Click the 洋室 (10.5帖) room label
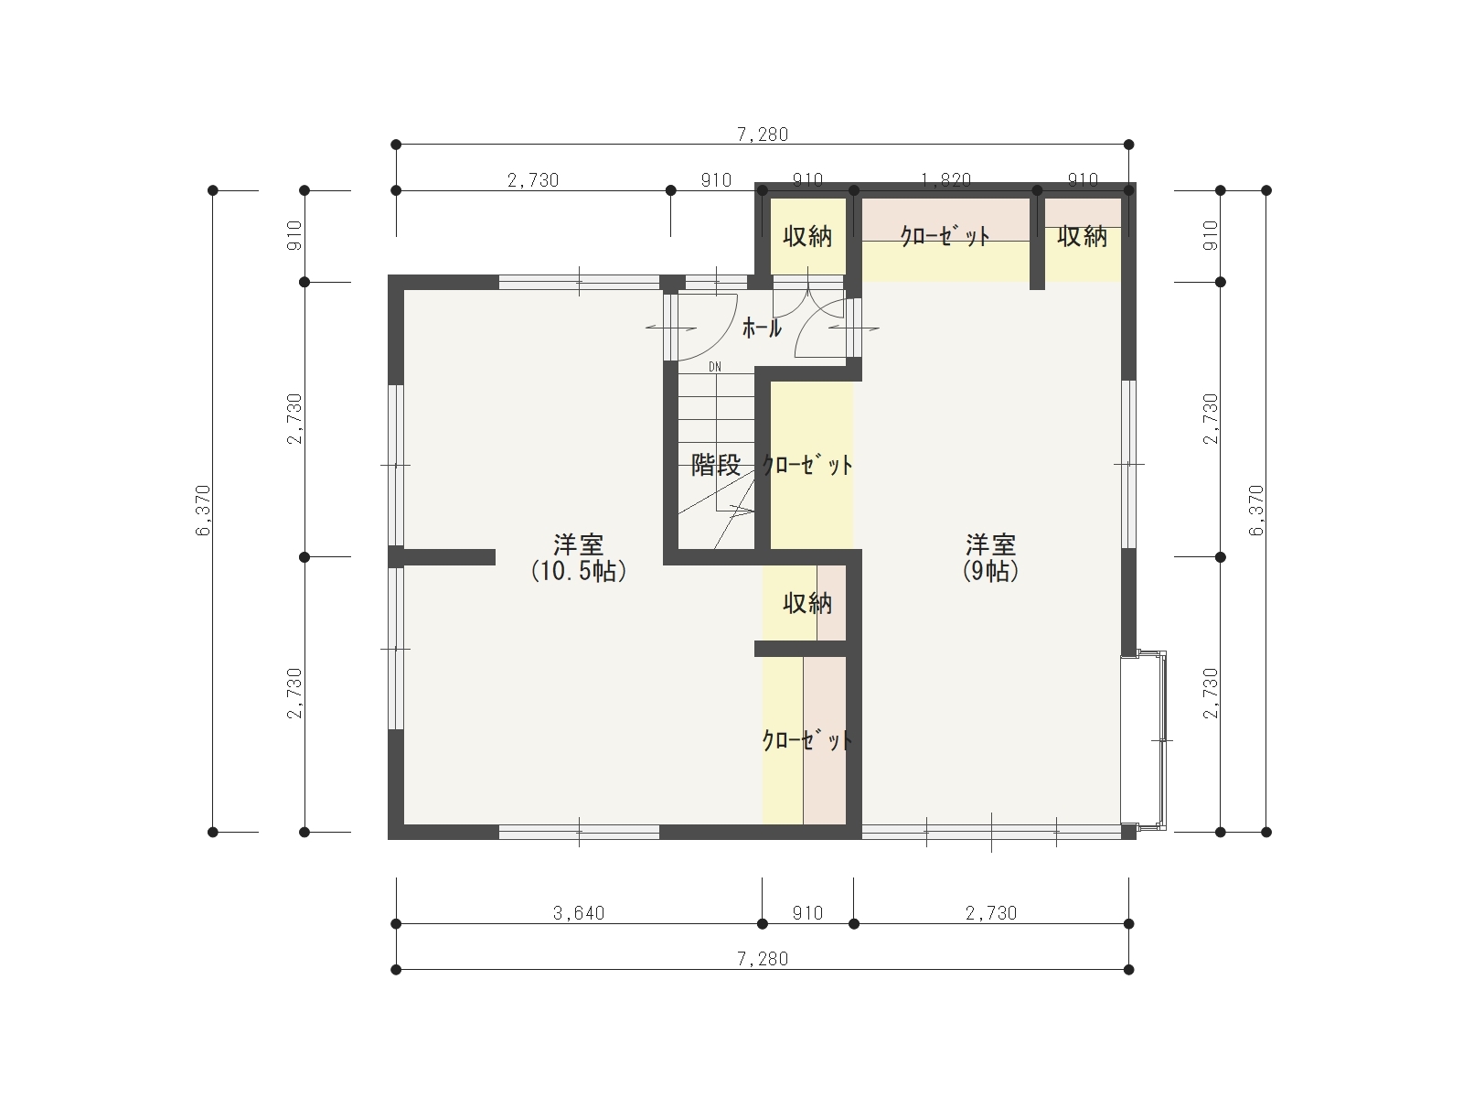point(579,558)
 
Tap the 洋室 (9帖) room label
point(990,558)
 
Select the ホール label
point(762,328)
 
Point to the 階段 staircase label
point(716,465)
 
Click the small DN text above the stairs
point(714,367)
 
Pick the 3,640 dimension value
point(579,912)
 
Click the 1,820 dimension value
point(945,180)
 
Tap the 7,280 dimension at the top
point(763,135)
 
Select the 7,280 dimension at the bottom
point(763,959)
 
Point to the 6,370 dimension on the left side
point(203,511)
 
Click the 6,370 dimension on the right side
point(1256,511)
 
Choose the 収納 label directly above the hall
point(807,236)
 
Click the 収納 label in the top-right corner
point(1082,236)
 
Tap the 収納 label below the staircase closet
point(807,603)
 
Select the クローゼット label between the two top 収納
point(945,236)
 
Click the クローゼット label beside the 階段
point(807,465)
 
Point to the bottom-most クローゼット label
point(807,740)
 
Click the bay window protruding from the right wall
point(1144,740)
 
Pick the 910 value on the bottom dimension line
point(807,912)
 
